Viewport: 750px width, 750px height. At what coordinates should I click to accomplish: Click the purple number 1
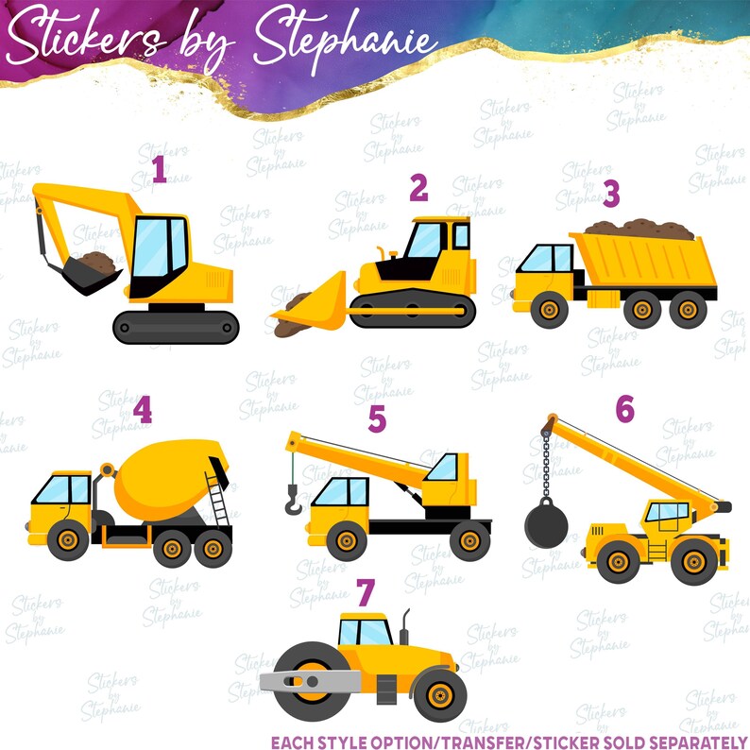tap(159, 170)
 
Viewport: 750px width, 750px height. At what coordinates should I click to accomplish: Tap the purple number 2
tap(418, 189)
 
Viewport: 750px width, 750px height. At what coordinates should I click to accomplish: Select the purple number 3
tap(611, 194)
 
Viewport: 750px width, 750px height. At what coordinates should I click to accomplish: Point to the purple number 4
tap(142, 411)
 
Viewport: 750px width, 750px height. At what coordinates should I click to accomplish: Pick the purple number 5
tap(377, 418)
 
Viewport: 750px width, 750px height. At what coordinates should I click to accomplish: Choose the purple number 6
tap(624, 409)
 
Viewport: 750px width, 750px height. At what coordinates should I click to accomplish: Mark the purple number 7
tap(366, 592)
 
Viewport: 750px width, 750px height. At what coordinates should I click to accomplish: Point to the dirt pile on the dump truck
tap(639, 228)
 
